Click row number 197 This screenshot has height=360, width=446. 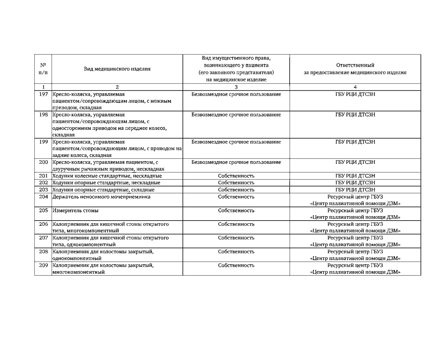click(43, 94)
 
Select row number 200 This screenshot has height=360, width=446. click(43, 162)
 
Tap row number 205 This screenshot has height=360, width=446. click(43, 210)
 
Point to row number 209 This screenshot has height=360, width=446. click(43, 265)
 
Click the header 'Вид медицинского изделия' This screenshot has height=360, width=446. click(117, 69)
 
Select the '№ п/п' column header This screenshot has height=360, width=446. click(43, 69)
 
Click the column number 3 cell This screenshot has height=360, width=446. click(236, 87)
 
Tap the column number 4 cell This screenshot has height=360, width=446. click(355, 87)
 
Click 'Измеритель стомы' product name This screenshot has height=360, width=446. click(76, 210)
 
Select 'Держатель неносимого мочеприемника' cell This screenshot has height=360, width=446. click(101, 197)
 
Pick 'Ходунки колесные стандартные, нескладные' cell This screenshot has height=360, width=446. click(107, 176)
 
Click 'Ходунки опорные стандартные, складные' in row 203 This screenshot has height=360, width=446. click(104, 190)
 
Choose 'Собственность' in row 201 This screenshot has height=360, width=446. click(236, 176)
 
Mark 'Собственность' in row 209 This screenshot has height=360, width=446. click(236, 265)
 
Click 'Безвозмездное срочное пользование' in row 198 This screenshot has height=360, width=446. click(236, 115)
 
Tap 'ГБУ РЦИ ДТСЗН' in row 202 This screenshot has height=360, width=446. click(355, 183)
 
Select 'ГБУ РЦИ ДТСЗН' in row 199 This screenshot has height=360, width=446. click(355, 142)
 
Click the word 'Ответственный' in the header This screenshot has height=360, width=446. click(355, 65)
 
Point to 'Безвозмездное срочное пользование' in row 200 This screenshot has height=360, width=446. click(236, 162)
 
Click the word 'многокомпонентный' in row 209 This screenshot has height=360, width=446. click(79, 272)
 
